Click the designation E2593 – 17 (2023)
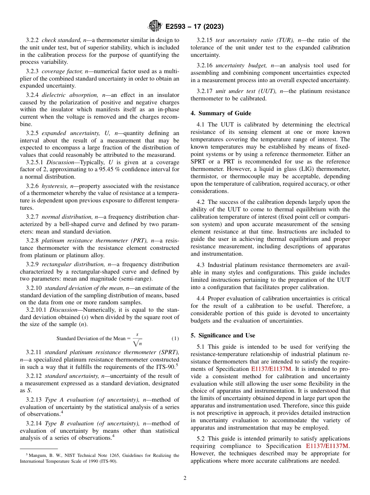tap(194, 26)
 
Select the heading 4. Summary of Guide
tap(221, 113)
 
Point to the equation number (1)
tap(175, 339)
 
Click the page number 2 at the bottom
tap(185, 478)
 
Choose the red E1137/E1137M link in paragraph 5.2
tap(328, 446)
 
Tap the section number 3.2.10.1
tap(36, 310)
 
